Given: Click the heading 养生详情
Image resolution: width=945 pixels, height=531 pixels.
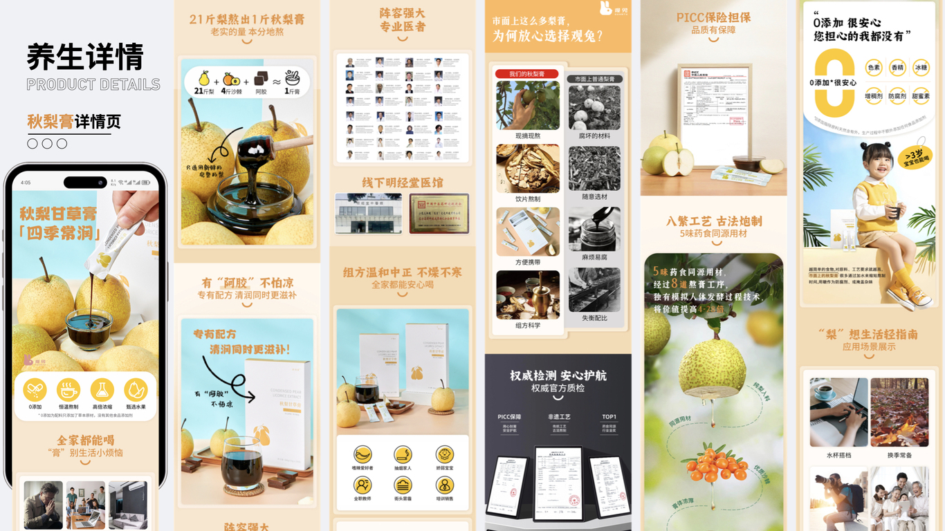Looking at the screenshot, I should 85,57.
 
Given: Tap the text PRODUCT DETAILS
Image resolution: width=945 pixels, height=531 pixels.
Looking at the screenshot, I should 93,85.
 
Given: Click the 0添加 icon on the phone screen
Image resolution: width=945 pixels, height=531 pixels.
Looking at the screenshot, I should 35,390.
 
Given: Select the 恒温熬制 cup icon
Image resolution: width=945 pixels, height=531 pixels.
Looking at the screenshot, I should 68,390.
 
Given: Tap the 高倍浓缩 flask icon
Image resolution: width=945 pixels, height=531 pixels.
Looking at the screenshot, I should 102,390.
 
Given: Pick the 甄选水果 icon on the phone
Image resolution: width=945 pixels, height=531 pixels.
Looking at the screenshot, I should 136,390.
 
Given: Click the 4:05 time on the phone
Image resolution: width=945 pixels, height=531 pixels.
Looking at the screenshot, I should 26,183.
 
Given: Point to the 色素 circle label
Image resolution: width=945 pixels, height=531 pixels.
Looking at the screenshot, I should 874,68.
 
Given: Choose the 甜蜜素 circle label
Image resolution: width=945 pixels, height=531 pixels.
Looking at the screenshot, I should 920,97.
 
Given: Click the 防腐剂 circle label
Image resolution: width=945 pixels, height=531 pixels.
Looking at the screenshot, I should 897,97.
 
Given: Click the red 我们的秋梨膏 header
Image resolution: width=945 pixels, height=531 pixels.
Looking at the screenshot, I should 527,74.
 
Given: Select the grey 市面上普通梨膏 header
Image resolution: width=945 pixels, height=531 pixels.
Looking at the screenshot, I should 594,79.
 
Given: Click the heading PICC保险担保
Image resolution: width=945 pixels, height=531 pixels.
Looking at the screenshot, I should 713,18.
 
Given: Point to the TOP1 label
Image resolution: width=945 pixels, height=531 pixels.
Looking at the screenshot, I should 609,417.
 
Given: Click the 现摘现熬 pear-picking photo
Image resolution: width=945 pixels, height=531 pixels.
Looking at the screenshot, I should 528,105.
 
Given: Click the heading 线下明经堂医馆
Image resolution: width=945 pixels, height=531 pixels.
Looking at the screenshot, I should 402,183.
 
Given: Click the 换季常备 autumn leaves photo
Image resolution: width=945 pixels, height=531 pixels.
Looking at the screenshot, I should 899,412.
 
